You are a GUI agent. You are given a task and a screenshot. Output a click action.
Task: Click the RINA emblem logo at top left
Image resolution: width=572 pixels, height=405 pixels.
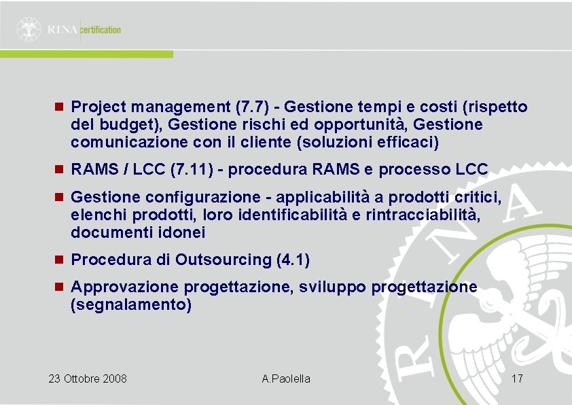click(29, 29)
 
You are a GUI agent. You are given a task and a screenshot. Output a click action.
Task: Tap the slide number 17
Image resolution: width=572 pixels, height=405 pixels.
click(516, 378)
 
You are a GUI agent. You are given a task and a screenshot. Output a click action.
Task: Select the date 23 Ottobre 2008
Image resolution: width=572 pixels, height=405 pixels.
click(88, 378)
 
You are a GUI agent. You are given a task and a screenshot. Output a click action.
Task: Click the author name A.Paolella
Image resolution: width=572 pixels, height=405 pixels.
click(286, 378)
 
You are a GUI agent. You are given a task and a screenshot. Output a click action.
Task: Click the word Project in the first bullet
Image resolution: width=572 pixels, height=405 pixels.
click(99, 107)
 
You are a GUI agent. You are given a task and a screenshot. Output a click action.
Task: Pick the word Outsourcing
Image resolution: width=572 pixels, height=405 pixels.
click(224, 260)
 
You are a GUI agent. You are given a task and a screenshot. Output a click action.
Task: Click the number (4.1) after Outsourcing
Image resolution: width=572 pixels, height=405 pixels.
click(293, 260)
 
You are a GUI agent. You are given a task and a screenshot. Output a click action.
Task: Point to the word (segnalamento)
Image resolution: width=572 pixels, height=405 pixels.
click(131, 305)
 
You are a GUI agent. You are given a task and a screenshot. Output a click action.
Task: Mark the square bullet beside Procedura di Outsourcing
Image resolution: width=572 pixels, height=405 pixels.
click(59, 260)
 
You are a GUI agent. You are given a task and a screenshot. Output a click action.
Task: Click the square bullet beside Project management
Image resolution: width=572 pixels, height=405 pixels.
click(59, 107)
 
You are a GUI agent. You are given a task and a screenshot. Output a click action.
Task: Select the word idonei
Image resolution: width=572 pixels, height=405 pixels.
click(182, 232)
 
